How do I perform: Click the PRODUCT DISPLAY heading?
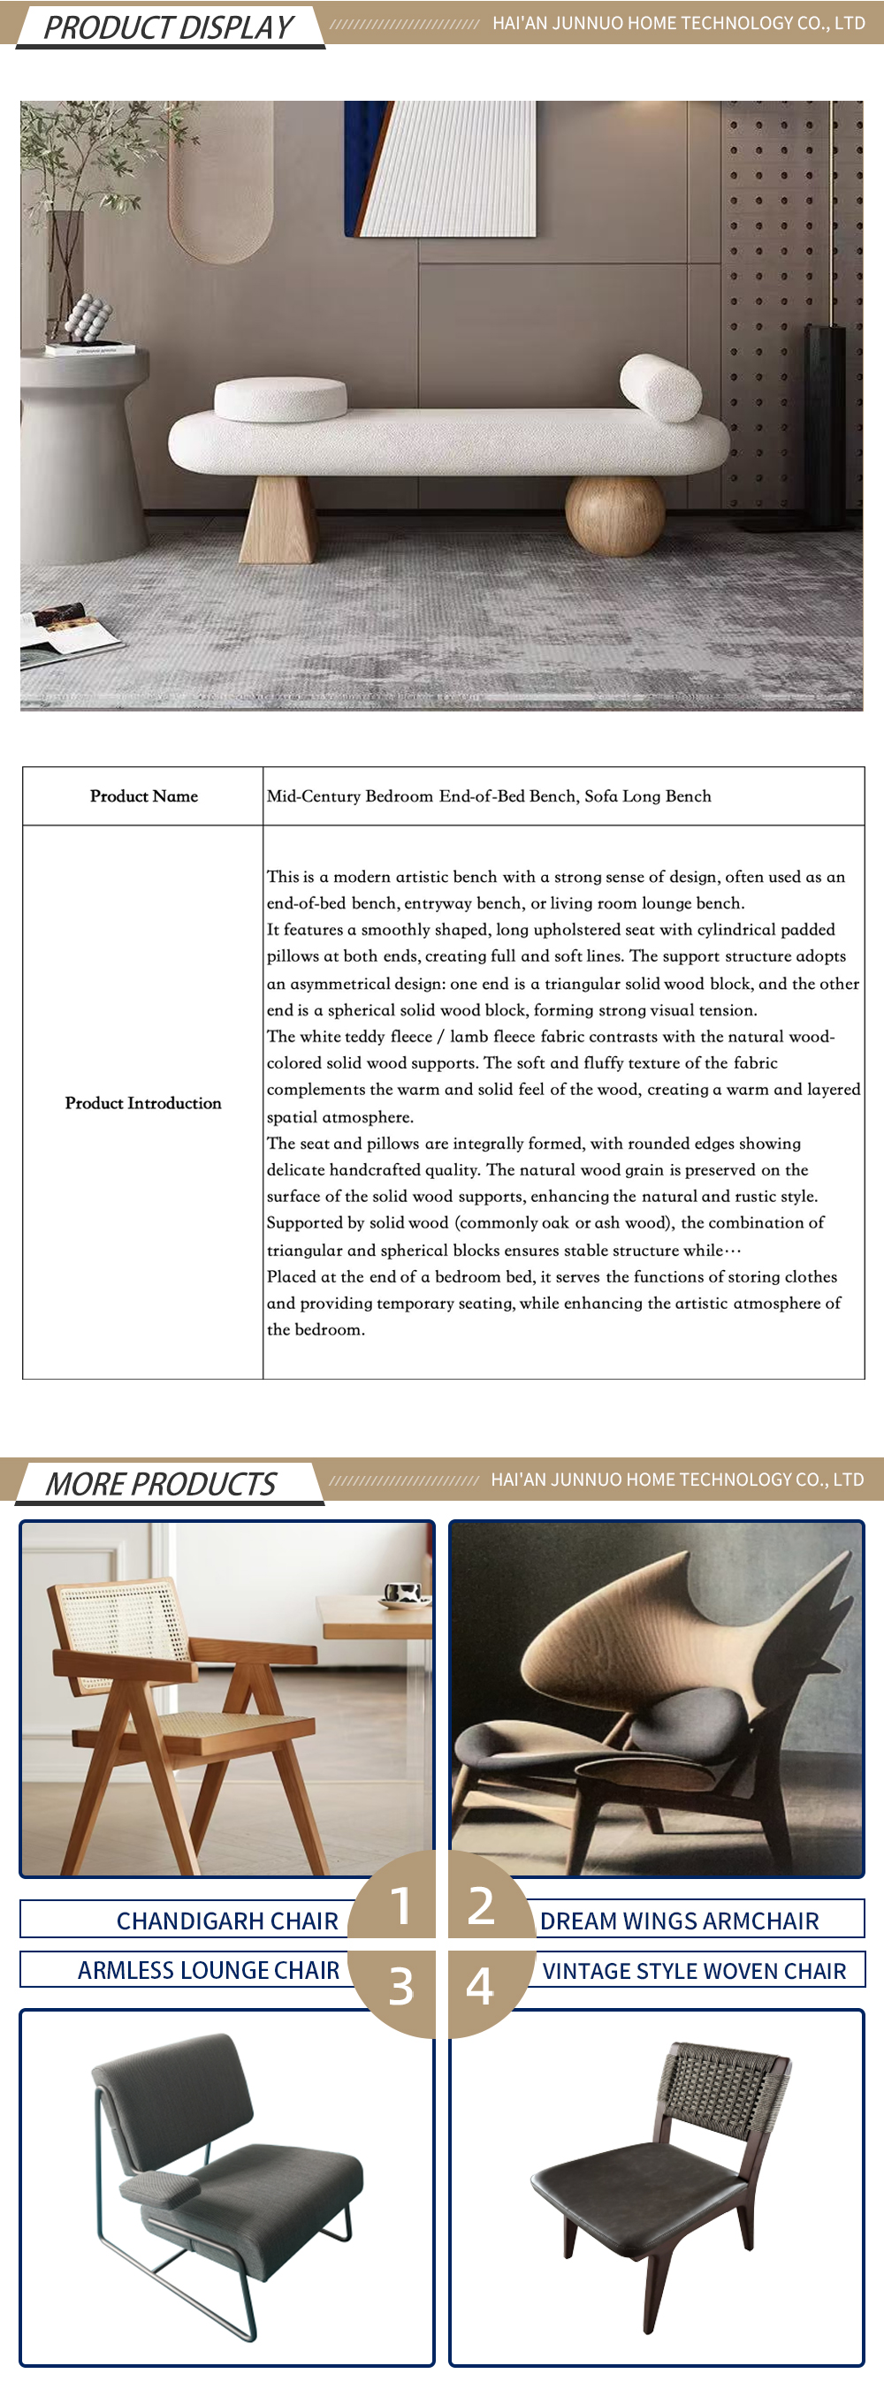[x=168, y=27]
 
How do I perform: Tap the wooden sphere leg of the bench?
[x=615, y=514]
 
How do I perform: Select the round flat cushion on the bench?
[x=279, y=399]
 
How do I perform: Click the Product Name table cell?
[x=144, y=796]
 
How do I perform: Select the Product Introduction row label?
[x=143, y=1103]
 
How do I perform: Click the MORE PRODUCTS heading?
[x=161, y=1483]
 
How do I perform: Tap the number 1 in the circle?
[x=400, y=1905]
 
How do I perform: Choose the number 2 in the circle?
[x=481, y=1905]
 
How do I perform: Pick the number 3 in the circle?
[x=400, y=1985]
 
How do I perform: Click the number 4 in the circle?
[x=480, y=1985]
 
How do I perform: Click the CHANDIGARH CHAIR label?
[x=227, y=1921]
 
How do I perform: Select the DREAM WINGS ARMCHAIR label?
[x=679, y=1921]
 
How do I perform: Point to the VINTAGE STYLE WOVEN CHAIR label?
[x=694, y=1971]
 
